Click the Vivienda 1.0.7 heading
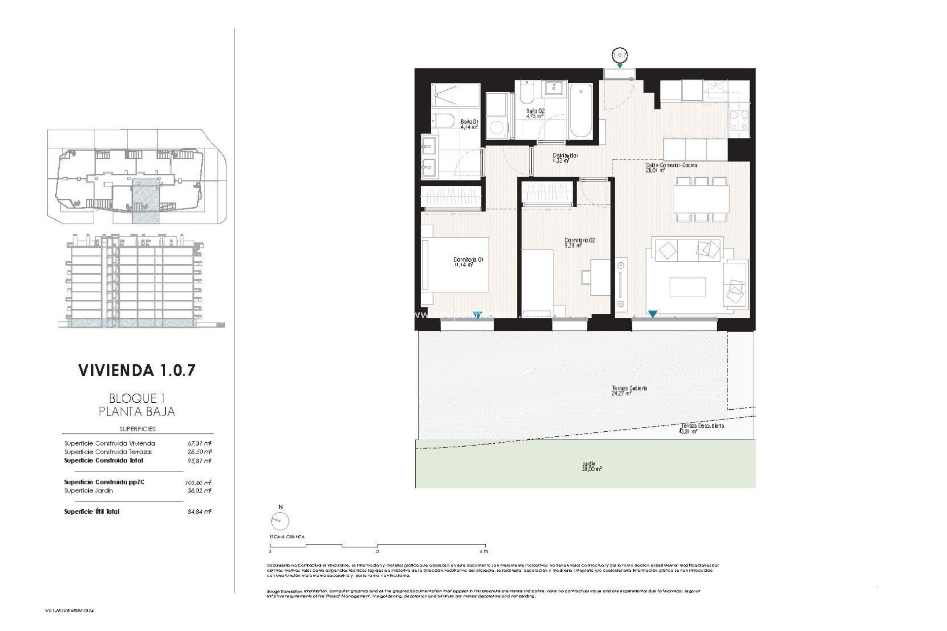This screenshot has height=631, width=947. pyautogui.click(x=137, y=370)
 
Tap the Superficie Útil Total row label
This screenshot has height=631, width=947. pyautogui.click(x=92, y=512)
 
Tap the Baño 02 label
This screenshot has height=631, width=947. pyautogui.click(x=535, y=114)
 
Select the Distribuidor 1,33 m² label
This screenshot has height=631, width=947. pyautogui.click(x=565, y=158)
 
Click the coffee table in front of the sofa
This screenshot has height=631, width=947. pyautogui.click(x=688, y=287)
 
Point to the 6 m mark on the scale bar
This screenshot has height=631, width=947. pyautogui.click(x=484, y=551)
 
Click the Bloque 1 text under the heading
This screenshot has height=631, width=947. pyautogui.click(x=137, y=398)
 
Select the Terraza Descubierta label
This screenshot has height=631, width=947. pyautogui.click(x=702, y=426)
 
